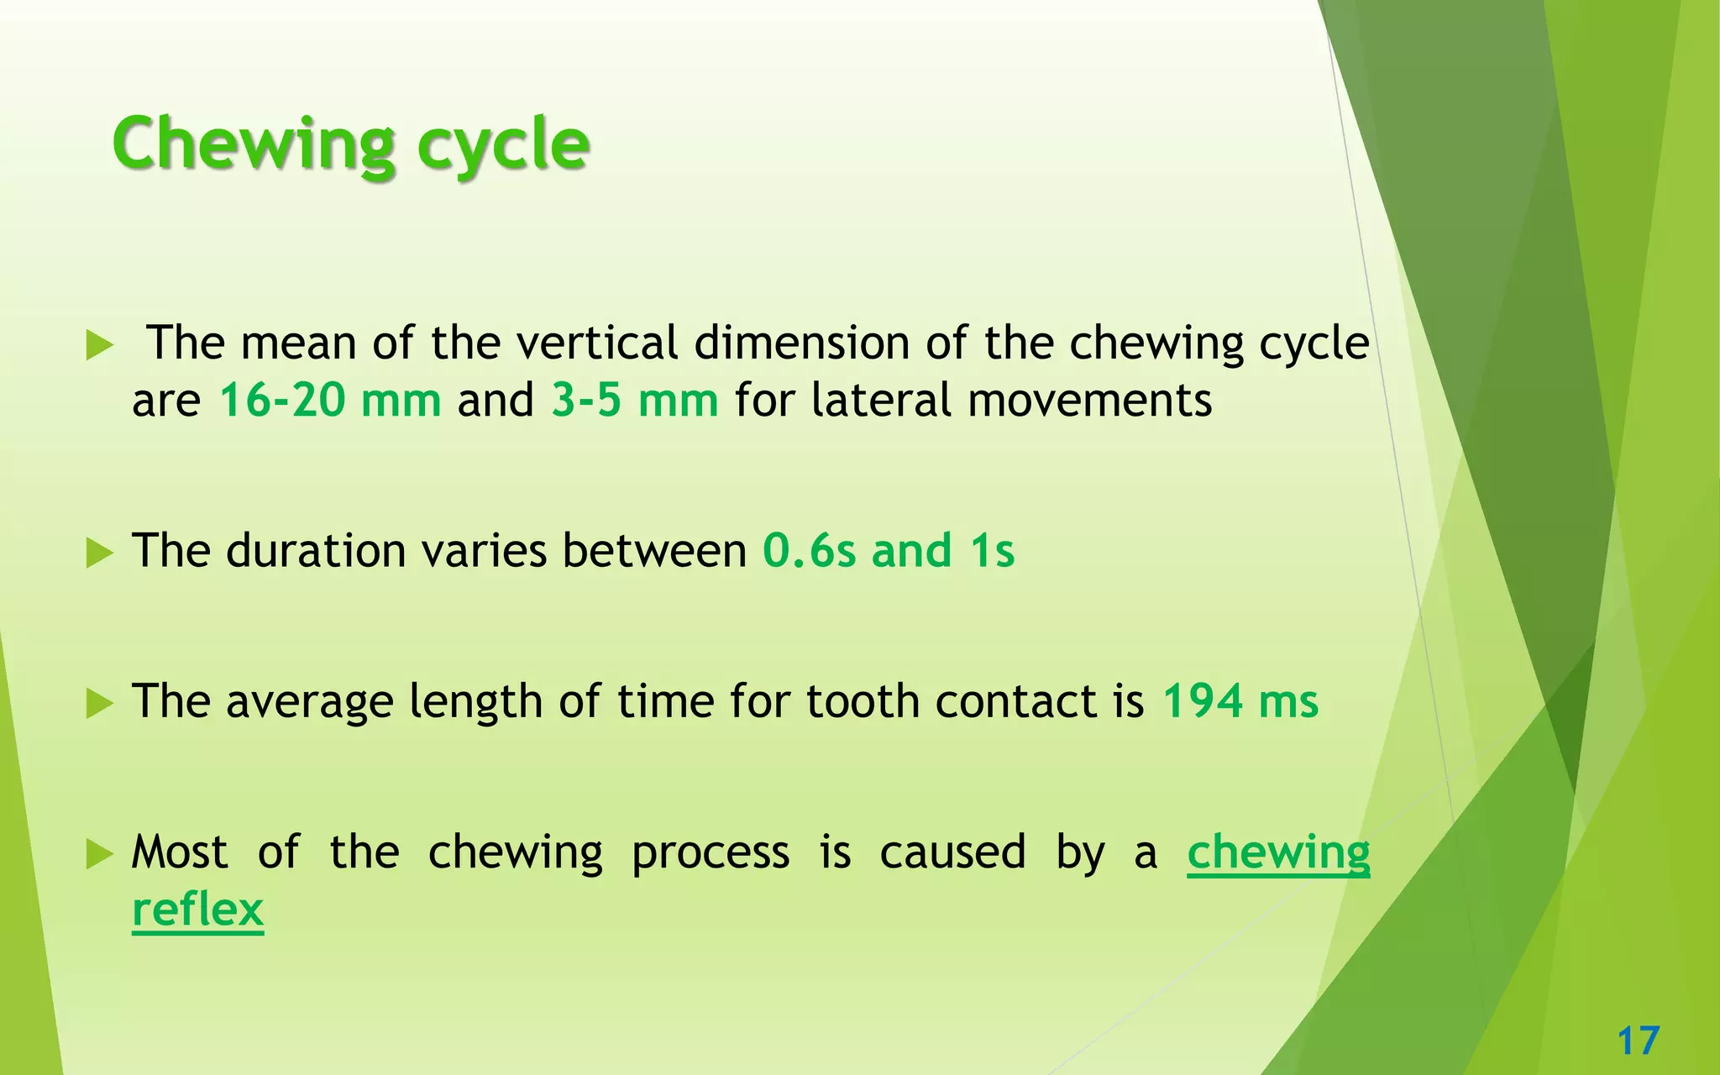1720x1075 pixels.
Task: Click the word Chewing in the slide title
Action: pos(254,144)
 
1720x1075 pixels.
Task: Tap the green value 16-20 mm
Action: pos(330,400)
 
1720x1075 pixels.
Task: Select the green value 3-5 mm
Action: pos(635,400)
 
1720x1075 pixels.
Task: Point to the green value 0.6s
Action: pos(810,551)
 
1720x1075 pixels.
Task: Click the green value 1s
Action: pos(992,551)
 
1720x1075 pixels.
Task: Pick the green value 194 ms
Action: pos(1240,701)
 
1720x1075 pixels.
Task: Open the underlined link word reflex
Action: pos(198,910)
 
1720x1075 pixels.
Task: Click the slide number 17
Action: pos(1638,1041)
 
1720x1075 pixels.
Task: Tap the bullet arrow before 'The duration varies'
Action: pos(99,553)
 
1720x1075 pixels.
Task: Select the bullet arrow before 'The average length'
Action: pos(99,704)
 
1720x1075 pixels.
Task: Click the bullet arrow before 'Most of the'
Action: pos(99,855)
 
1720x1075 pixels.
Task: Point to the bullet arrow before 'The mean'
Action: pos(99,345)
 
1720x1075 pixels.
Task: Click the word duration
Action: pos(316,551)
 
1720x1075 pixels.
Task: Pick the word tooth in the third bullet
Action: pos(863,701)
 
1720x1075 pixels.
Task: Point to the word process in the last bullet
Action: pos(711,853)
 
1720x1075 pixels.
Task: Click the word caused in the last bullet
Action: pos(952,853)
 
